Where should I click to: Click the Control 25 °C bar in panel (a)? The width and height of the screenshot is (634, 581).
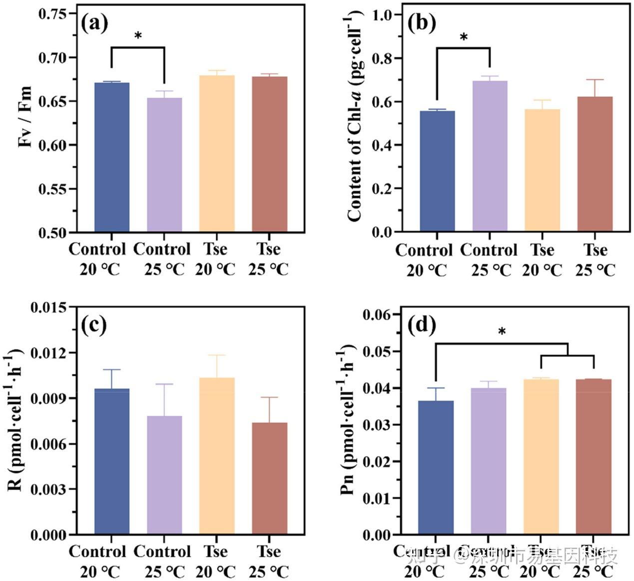[164, 165]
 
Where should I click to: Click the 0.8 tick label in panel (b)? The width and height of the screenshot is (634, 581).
[382, 58]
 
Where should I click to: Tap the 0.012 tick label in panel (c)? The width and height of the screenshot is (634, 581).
[48, 353]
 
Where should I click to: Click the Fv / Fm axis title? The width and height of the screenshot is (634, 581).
[25, 117]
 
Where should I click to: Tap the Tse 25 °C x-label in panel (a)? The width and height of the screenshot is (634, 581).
[269, 259]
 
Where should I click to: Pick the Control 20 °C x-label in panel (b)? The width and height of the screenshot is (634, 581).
[424, 260]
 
